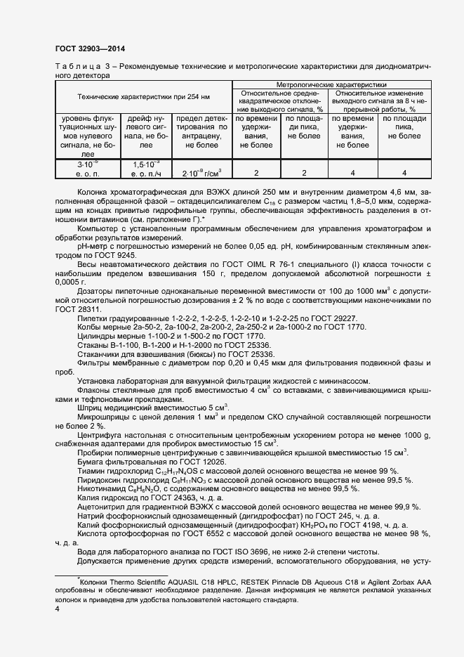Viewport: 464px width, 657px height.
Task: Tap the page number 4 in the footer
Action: (57, 609)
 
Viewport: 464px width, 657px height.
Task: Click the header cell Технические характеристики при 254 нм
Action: (143, 96)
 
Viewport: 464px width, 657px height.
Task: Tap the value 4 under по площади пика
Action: (404, 173)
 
